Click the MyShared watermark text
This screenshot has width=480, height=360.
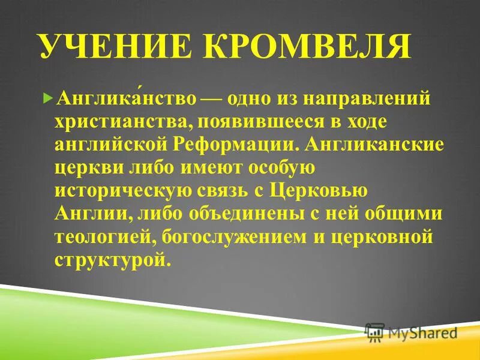click(423, 332)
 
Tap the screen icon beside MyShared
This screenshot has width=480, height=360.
click(375, 332)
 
